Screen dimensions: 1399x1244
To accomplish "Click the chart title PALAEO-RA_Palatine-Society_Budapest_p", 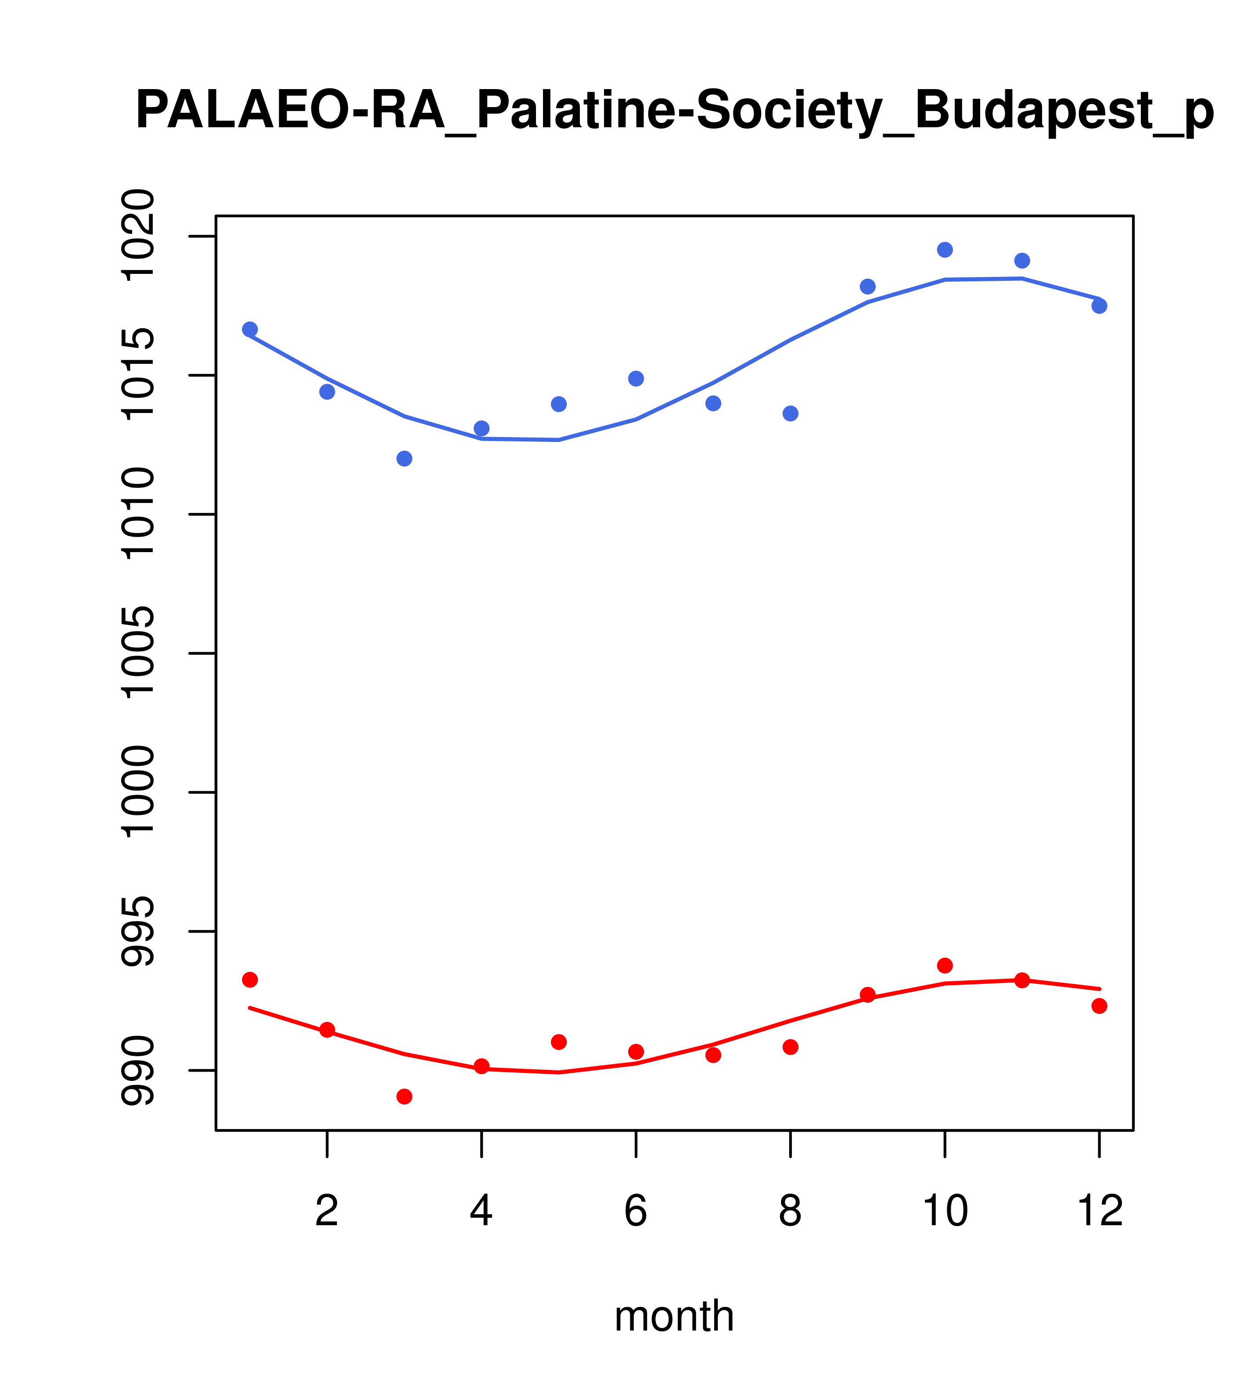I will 674,111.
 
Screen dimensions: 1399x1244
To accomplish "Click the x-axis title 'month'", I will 674,1316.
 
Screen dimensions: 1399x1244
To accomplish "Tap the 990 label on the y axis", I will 137,1070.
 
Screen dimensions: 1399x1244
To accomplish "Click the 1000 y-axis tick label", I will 137,793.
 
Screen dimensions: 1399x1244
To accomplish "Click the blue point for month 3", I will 405,459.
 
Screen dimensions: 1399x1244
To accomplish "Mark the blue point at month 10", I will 945,250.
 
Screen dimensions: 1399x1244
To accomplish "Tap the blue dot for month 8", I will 791,413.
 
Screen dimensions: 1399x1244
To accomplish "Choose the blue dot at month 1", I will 250,329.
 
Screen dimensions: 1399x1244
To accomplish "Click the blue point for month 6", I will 636,379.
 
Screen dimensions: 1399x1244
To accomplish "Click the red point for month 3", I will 405,1097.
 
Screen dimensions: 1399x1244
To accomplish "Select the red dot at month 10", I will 945,966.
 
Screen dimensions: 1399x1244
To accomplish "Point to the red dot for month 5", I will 559,1042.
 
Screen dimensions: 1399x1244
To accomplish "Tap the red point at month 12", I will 1100,1006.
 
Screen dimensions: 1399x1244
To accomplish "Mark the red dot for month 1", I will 250,980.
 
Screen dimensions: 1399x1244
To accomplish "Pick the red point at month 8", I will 791,1047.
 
